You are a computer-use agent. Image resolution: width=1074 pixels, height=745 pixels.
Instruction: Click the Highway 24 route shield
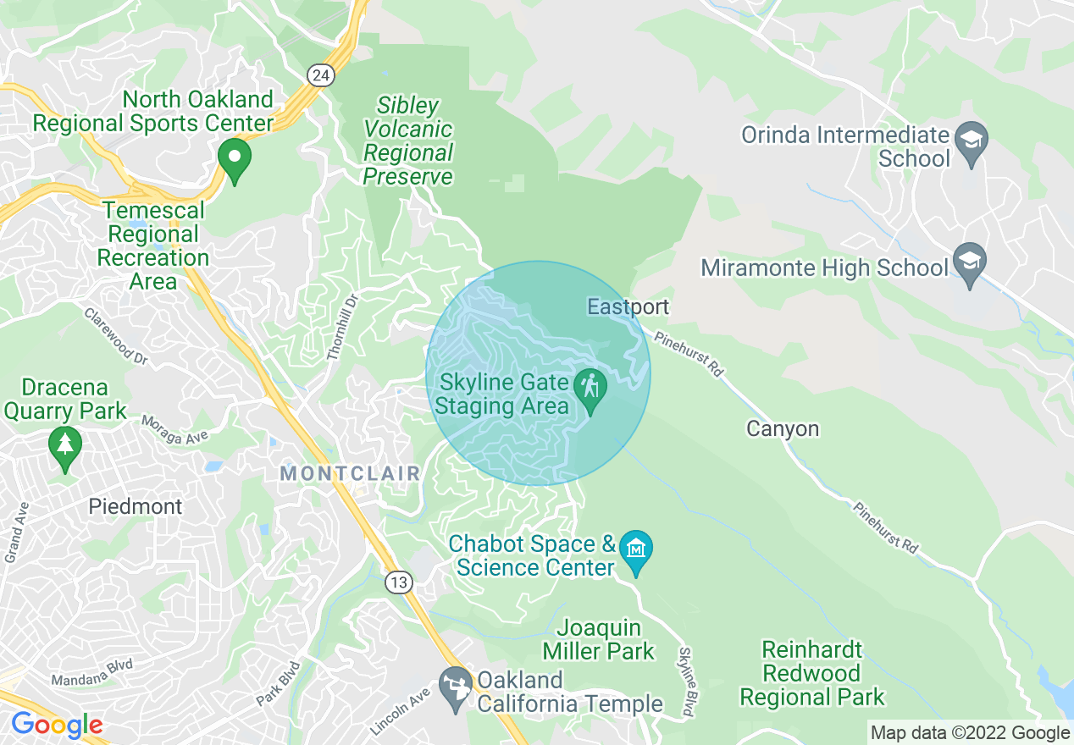tap(320, 75)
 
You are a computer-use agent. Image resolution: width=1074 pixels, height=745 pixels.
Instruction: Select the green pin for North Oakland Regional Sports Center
tap(235, 159)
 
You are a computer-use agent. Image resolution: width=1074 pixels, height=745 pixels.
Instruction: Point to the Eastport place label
tap(628, 306)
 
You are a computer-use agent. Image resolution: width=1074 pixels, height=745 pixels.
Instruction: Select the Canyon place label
tap(783, 429)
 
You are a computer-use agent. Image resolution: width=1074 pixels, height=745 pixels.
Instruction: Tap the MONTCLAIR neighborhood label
tap(350, 473)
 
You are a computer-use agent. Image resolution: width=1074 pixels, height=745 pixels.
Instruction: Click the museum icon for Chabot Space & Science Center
tap(635, 549)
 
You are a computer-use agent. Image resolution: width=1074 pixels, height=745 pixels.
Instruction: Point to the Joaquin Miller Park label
tap(599, 639)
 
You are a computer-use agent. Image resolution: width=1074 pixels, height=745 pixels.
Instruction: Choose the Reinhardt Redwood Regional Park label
tap(811, 674)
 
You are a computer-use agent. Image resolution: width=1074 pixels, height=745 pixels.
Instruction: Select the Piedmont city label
tap(136, 507)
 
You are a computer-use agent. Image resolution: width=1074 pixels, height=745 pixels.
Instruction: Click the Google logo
tap(57, 726)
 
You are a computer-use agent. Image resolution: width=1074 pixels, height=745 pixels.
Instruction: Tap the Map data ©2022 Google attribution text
tap(970, 732)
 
